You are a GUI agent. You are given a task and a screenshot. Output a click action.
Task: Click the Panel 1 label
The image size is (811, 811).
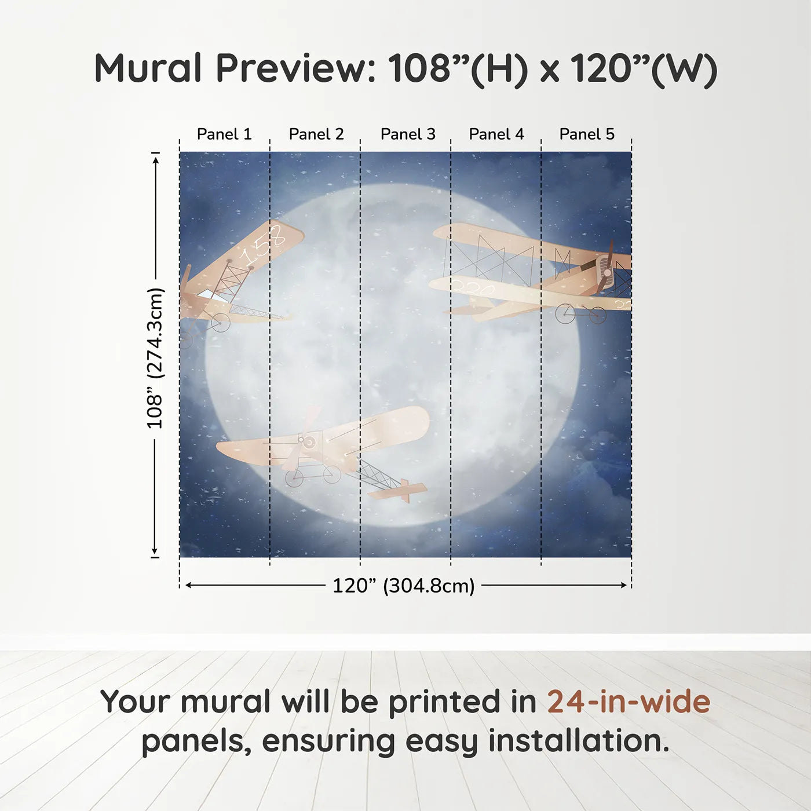pos(224,134)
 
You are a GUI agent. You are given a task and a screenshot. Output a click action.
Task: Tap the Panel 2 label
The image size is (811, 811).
pos(316,134)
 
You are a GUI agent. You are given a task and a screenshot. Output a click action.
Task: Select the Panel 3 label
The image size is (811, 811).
pos(407,134)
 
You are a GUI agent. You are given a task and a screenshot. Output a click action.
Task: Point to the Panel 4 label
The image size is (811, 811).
pos(496,134)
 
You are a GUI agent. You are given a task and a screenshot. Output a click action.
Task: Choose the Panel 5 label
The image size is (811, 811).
pos(586,134)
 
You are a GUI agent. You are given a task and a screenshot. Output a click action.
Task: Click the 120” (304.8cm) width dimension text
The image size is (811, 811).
pos(403,586)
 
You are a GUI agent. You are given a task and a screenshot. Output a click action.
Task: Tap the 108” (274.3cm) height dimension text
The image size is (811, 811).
pos(155,358)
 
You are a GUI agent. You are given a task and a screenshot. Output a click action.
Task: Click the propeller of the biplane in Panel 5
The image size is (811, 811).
pos(606,268)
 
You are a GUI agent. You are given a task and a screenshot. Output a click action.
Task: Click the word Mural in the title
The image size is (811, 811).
pos(148,68)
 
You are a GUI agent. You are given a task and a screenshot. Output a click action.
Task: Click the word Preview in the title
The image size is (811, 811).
pos(295,68)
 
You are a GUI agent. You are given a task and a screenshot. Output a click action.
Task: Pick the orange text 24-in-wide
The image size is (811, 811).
pos(629,702)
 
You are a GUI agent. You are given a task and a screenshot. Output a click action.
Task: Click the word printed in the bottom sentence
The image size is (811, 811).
pos(445,702)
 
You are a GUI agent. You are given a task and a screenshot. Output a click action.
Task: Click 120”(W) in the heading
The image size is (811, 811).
pos(643,68)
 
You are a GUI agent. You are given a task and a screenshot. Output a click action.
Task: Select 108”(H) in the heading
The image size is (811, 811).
pos(458,68)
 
